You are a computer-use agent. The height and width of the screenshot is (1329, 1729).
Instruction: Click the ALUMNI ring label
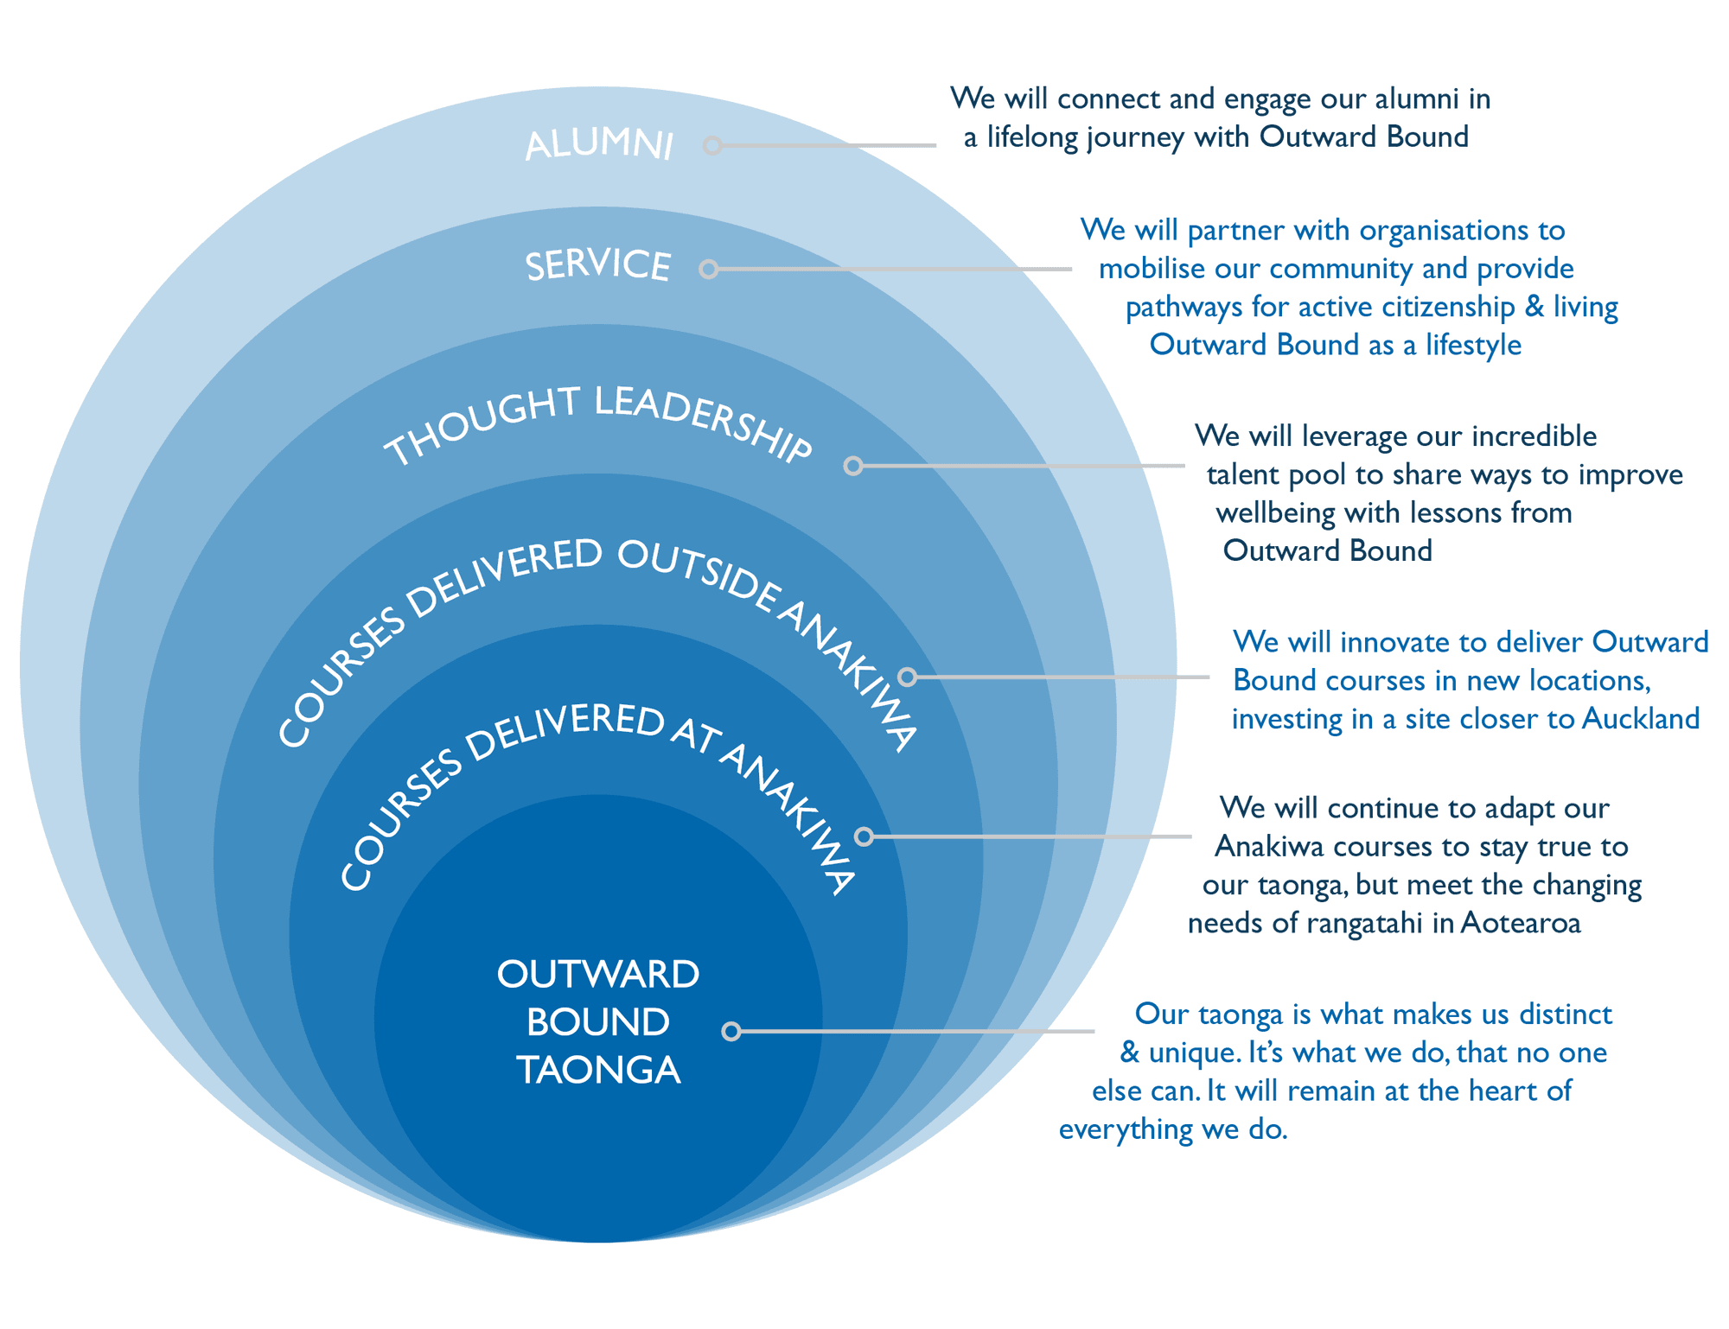599,144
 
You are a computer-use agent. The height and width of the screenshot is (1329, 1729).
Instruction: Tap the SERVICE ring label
598,265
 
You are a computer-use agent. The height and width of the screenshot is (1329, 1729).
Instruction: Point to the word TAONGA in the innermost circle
598,1071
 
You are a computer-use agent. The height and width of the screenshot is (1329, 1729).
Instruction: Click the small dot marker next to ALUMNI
712,145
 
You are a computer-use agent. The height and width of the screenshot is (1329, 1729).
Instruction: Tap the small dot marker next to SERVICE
709,270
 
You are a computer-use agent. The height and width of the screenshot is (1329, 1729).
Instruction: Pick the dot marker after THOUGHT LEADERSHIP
853,467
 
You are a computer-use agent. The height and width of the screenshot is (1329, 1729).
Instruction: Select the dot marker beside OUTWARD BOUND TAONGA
731,1031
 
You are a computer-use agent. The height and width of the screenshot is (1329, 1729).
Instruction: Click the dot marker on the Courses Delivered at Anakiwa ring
864,836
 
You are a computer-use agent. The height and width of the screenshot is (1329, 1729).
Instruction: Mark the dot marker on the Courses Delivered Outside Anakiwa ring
907,677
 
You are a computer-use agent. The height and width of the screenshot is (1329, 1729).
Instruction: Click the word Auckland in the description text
1641,719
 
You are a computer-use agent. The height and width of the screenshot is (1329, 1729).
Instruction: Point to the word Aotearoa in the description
1521,924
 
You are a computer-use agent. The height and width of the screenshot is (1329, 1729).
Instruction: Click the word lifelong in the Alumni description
1033,137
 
